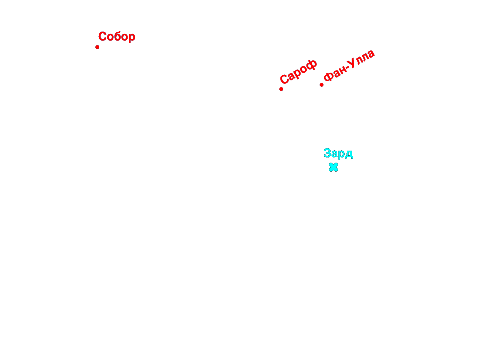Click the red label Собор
[117, 37]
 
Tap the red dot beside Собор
[97, 47]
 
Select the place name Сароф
[298, 71]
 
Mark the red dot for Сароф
[281, 89]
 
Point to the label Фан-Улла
[349, 65]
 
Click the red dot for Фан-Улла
[322, 85]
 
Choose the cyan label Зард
[338, 153]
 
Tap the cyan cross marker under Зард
[333, 167]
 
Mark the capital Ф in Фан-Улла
[329, 76]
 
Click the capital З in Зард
[327, 153]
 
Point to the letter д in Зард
[349, 154]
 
